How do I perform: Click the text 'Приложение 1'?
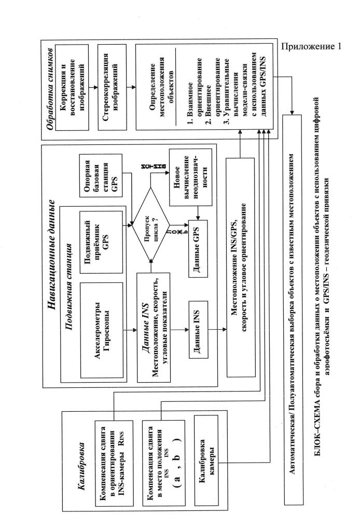(x=311, y=46)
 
